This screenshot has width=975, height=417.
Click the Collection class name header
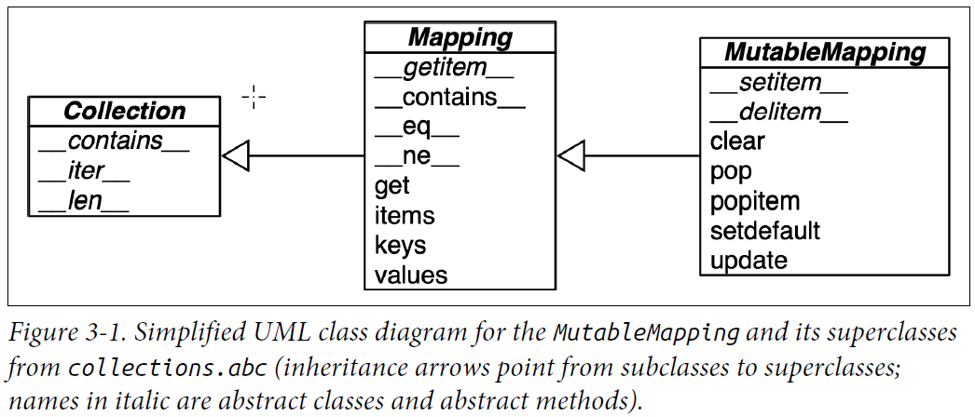[x=125, y=112]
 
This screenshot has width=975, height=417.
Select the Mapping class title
[x=460, y=37]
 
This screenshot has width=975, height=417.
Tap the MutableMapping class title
[x=826, y=52]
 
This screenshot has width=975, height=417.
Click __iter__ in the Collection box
[x=86, y=171]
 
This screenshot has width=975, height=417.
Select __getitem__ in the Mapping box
[x=445, y=68]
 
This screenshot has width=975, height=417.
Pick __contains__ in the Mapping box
[x=450, y=98]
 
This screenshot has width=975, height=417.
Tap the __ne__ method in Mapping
[x=417, y=157]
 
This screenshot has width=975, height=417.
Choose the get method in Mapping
[x=392, y=186]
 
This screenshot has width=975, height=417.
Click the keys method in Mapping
[x=401, y=246]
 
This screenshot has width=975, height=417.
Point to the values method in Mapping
[x=411, y=276]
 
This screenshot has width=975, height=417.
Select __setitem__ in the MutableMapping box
[x=779, y=83]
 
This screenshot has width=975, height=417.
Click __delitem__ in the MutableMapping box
[x=779, y=113]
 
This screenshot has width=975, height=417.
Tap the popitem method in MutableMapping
[x=755, y=201]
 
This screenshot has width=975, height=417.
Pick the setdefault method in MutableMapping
[x=765, y=231]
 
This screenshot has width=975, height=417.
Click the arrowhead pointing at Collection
[x=236, y=156]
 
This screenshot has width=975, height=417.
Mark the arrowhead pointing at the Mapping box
[x=570, y=155]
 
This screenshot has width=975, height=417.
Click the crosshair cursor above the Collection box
[x=254, y=97]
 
